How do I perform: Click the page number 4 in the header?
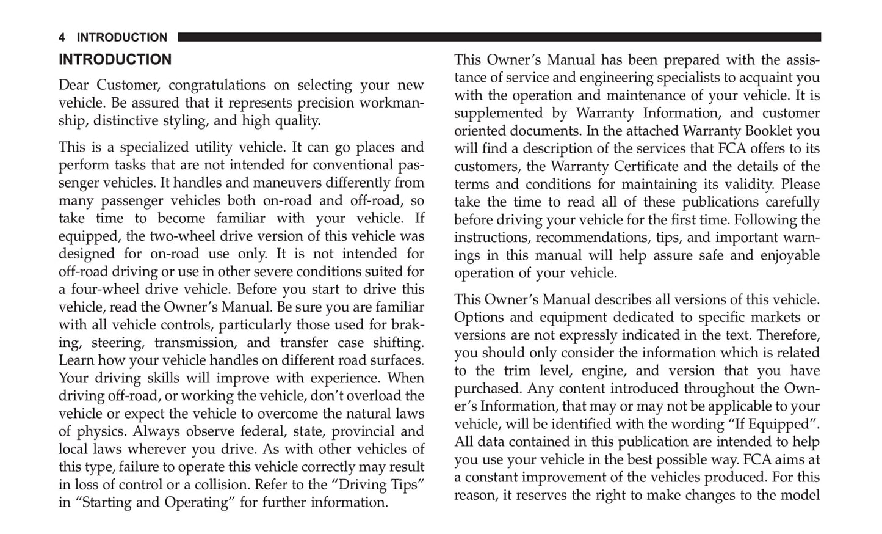coord(62,38)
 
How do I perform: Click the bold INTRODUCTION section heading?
coord(115,60)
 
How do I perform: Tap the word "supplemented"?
coord(498,113)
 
